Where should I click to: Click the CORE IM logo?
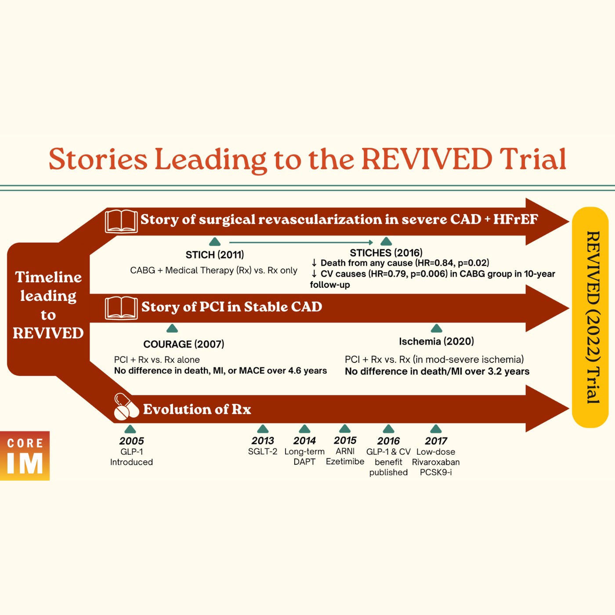coord(25,456)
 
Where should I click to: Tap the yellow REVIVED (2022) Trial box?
coord(590,317)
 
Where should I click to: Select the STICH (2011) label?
coord(215,255)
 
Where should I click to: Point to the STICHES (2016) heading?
coord(386,253)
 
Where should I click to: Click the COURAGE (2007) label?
coord(184,344)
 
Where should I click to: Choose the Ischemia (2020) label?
coord(436,341)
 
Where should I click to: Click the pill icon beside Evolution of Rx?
coord(125,407)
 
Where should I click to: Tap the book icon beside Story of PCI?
coord(121,307)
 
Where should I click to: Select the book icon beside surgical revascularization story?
coord(121,221)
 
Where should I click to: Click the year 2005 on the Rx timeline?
coord(131,441)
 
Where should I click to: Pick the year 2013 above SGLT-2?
coord(263,441)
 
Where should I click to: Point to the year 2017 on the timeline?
coord(436,441)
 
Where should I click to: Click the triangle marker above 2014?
coord(304,429)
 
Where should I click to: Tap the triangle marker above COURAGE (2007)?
coord(172,329)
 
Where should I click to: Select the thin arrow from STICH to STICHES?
coord(301,242)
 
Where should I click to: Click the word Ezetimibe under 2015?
coord(345,462)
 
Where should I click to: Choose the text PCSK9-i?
coord(436,472)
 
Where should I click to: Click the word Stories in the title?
coord(98,159)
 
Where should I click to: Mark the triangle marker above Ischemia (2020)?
coord(436,329)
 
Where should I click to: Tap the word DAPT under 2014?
coord(304,462)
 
